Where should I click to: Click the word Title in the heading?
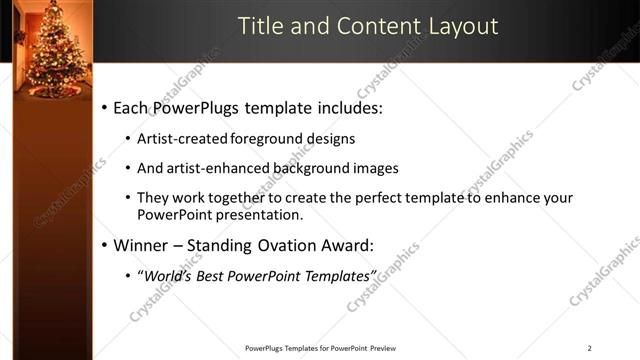point(260,26)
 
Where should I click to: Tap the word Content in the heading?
point(363,26)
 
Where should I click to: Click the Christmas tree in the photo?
point(52,55)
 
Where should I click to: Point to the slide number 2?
point(589,348)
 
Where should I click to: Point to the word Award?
point(369,244)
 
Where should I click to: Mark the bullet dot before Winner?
point(104,245)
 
